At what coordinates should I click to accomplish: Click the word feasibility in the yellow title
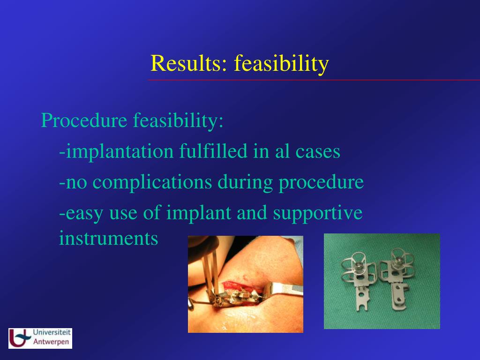(x=282, y=64)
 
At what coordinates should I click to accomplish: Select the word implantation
(x=120, y=151)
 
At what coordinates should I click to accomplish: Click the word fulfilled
(x=213, y=151)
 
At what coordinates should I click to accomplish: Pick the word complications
(x=152, y=182)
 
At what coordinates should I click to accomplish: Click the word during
(x=245, y=182)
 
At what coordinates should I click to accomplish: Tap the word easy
(x=84, y=214)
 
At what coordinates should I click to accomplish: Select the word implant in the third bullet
(x=198, y=213)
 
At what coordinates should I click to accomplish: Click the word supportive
(x=318, y=213)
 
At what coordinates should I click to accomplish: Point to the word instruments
(x=108, y=239)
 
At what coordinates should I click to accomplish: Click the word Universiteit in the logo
(x=52, y=332)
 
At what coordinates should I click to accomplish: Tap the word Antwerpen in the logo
(x=51, y=342)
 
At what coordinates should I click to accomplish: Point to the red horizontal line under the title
(x=314, y=80)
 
